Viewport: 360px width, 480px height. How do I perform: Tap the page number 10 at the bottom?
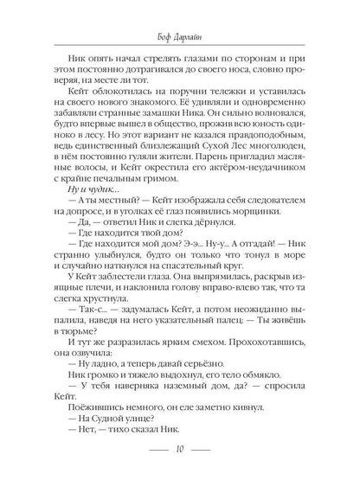point(180,450)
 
